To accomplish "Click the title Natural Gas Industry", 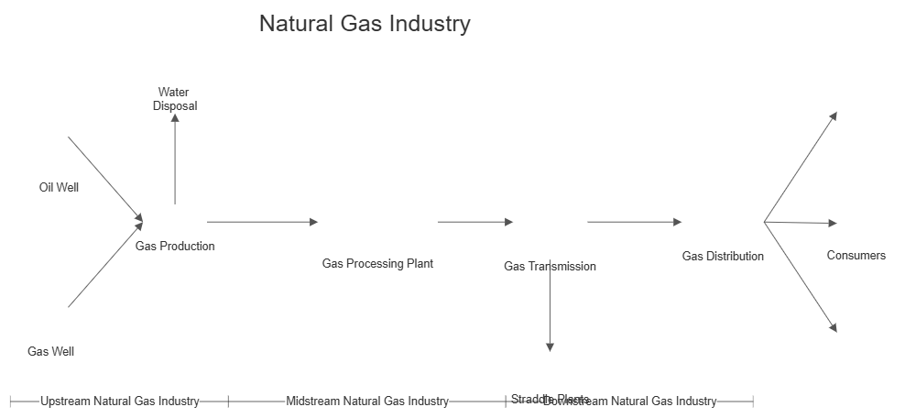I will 365,24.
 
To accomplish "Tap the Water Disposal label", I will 174,99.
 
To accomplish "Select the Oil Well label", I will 59,187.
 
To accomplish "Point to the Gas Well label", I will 50,351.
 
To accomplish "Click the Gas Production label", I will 175,246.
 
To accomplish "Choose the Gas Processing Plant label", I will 377,263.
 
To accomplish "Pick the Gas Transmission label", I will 550,266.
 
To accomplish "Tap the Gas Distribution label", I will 723,256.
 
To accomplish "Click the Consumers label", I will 856,256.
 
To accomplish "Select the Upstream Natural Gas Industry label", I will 119,401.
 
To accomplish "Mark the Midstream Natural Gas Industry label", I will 367,401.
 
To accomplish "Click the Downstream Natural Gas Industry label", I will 629,401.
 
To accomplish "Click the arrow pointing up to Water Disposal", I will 175,161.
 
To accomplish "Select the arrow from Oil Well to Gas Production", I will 104,178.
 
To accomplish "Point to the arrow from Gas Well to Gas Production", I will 104,265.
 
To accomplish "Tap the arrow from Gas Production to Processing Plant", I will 262,222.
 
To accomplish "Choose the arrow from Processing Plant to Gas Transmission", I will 474,222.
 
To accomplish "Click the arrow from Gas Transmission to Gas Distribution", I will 634,222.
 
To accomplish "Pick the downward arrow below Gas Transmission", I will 550,307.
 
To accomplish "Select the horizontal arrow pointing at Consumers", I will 801,223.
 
